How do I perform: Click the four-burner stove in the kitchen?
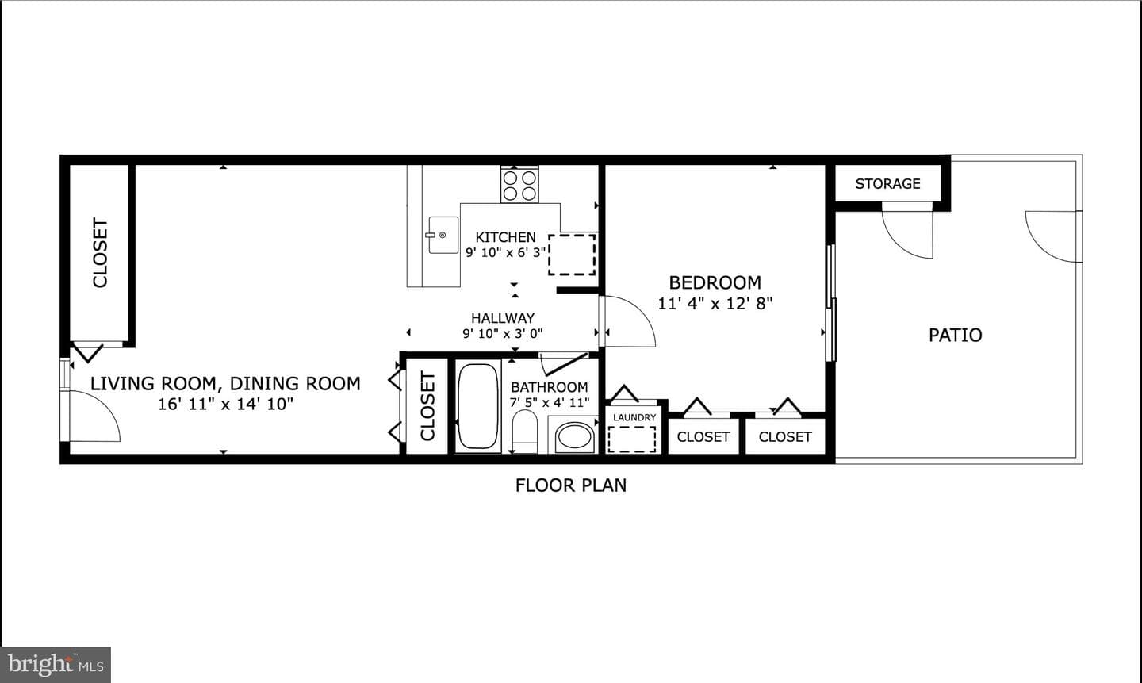519,185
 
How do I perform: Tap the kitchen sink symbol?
443,235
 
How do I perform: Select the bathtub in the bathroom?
477,406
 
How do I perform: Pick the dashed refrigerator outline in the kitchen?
572,255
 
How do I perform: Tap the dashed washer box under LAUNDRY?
632,439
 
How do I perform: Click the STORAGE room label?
888,183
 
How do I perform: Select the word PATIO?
956,335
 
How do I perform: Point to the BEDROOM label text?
715,282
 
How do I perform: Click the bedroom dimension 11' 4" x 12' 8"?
715,304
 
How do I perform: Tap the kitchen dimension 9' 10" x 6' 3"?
506,252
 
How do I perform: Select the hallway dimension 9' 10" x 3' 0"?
503,334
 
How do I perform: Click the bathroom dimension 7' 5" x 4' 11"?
550,402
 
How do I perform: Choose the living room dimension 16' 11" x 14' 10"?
225,404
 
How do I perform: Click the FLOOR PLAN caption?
571,485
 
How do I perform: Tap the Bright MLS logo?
56,665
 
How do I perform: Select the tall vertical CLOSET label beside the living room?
101,253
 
